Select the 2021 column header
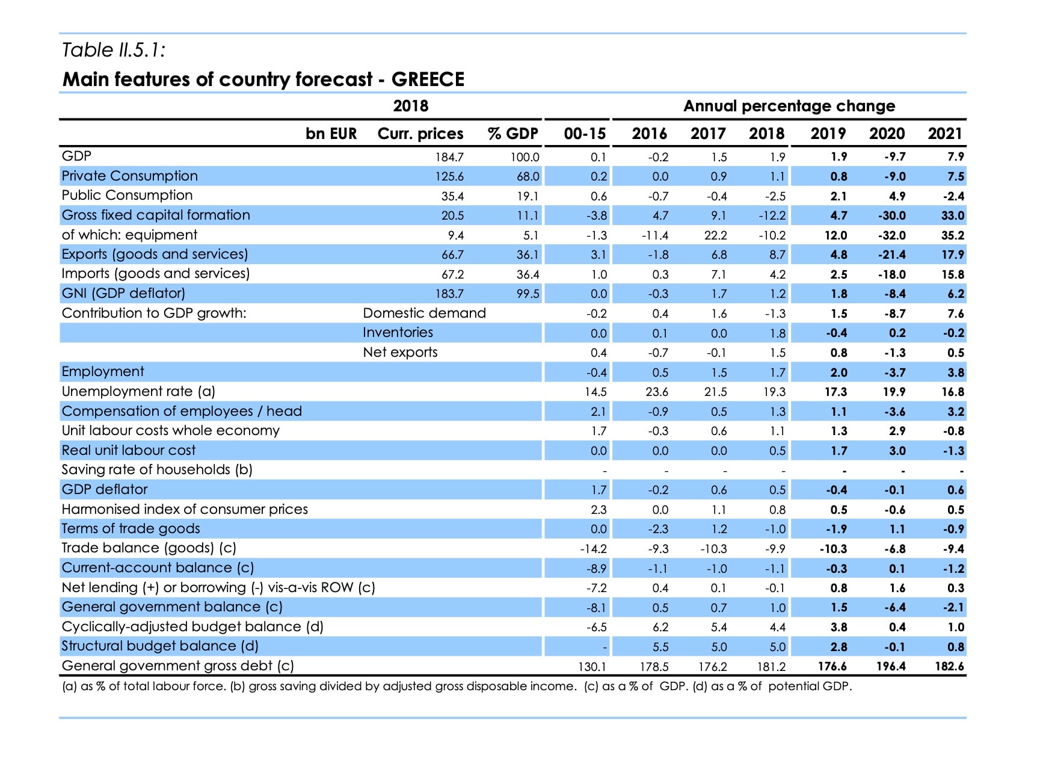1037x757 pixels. tap(946, 134)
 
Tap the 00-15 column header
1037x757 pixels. tap(585, 134)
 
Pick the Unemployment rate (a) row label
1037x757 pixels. tap(138, 392)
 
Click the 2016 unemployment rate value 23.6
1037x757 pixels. tap(657, 392)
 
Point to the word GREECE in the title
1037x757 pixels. tap(428, 79)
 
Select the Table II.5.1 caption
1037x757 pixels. tap(114, 50)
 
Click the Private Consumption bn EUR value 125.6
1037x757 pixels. tap(449, 176)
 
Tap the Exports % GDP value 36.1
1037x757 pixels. tap(528, 255)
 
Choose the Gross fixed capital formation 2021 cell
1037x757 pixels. tap(953, 215)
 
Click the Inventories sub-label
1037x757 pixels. tap(398, 333)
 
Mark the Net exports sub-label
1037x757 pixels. tap(400, 353)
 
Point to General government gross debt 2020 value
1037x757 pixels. tap(891, 666)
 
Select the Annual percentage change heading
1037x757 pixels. tap(789, 106)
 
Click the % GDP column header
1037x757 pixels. tap(512, 134)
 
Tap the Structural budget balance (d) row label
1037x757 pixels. tap(160, 646)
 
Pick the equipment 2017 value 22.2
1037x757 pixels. tap(716, 235)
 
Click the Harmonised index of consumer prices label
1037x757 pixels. tap(185, 510)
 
